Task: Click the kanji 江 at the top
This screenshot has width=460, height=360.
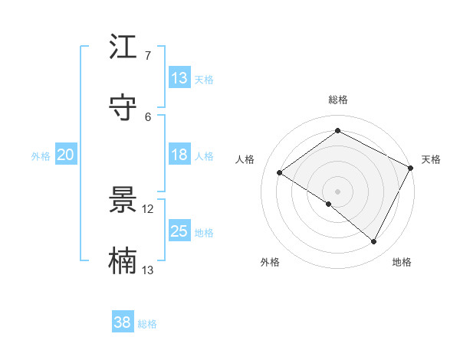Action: coord(123,48)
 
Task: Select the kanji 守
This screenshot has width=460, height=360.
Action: coord(123,108)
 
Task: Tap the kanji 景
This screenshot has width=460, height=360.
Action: coord(123,201)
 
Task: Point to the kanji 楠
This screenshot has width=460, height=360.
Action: coord(123,260)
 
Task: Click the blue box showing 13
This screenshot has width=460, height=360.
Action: coord(179,78)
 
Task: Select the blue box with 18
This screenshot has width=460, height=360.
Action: coord(179,155)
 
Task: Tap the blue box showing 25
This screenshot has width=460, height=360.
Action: coord(179,231)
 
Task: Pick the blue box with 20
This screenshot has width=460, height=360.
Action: coord(65,155)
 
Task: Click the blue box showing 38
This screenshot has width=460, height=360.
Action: coord(123,322)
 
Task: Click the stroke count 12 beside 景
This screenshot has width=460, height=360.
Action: coord(148,209)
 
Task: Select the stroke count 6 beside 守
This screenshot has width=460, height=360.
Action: coord(148,116)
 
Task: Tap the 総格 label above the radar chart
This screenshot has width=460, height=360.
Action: coord(337,100)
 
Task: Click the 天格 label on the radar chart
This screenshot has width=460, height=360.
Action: coord(431,159)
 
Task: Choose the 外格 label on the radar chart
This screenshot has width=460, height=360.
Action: coord(270,262)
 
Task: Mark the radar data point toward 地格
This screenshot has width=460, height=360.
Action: coord(374,242)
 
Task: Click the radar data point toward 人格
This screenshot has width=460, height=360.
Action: coord(280,172)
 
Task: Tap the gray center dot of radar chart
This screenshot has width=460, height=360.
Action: coord(337,191)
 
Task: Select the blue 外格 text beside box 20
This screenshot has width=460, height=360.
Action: coord(41,156)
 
